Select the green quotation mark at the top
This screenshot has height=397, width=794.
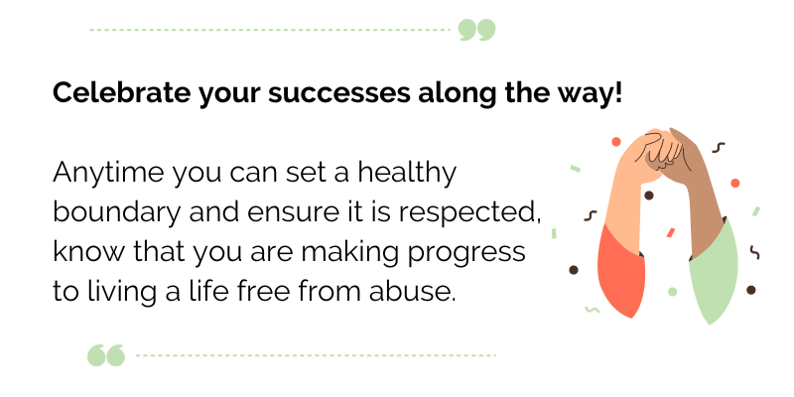(x=476, y=30)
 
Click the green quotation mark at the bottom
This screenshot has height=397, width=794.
(x=106, y=354)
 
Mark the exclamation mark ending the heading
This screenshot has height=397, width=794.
(x=619, y=93)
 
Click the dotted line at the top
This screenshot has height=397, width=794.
(x=268, y=30)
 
